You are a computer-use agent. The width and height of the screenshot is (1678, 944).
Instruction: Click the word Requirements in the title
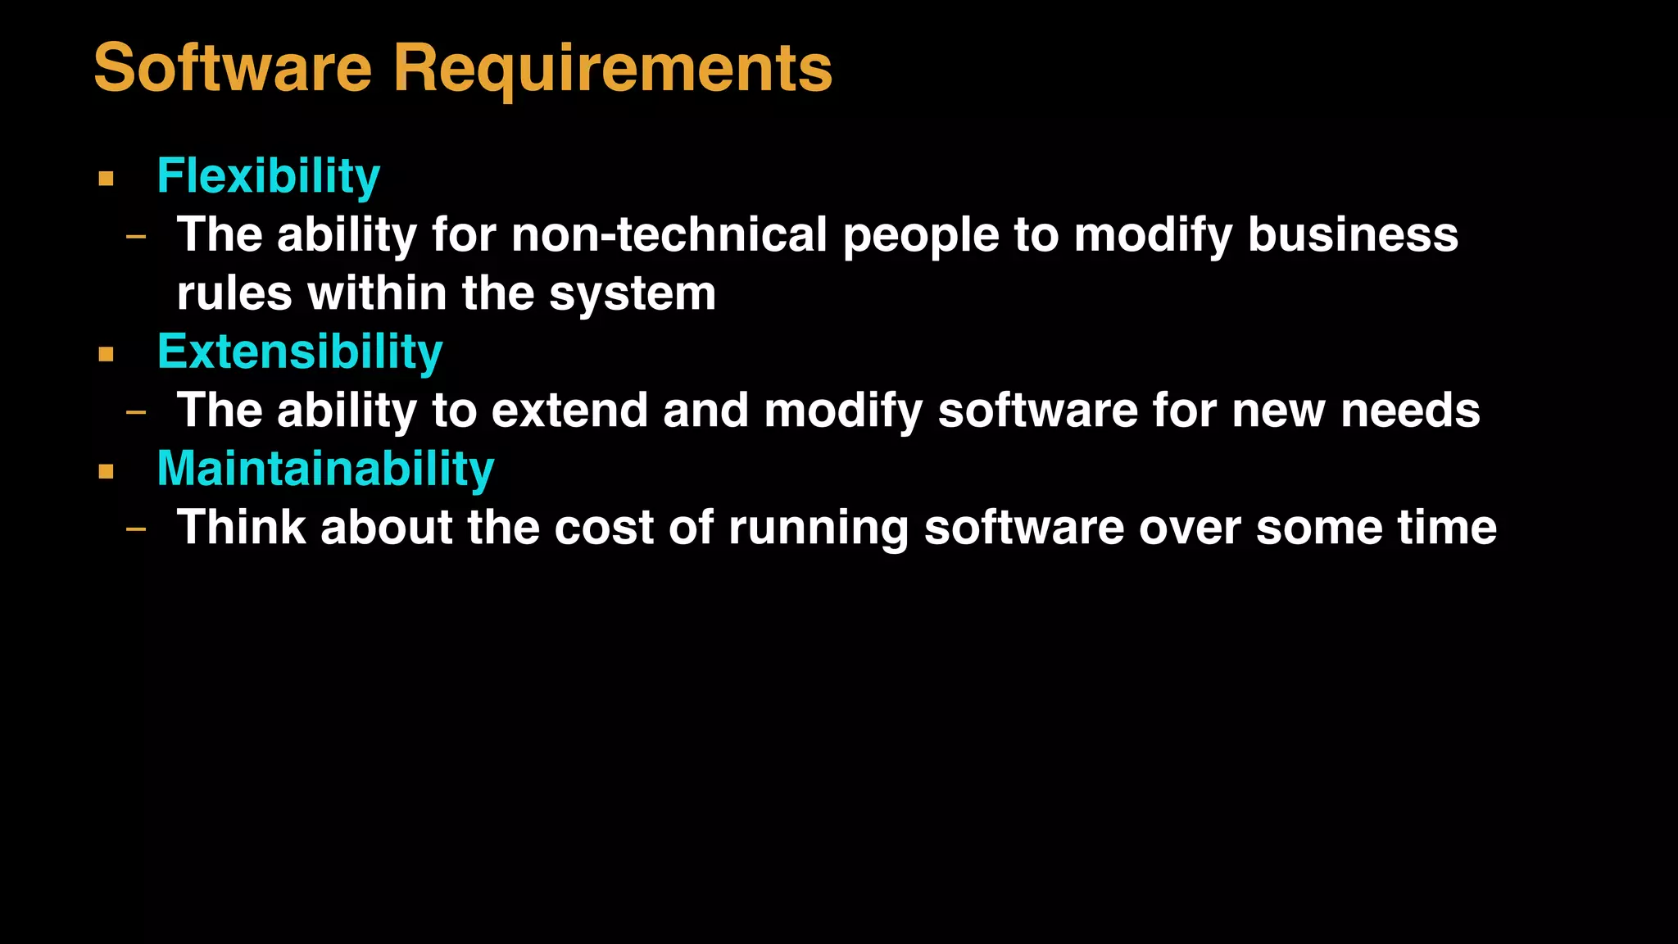pos(612,69)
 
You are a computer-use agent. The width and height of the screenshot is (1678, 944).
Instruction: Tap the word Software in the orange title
pos(233,69)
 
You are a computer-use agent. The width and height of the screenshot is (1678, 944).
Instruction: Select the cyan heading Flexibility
pos(268,176)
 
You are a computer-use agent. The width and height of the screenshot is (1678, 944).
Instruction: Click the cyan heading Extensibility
pos(300,352)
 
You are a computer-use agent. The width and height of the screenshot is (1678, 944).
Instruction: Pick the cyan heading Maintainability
pos(325,469)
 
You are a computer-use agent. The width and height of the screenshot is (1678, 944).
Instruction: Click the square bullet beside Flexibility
pos(106,178)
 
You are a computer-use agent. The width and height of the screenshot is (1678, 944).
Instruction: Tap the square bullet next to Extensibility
pos(106,354)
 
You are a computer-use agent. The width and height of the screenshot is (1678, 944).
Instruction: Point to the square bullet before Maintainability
pos(106,471)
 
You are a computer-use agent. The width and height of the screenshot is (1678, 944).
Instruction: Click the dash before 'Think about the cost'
pos(136,529)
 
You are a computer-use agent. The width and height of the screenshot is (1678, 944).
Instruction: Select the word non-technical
pos(669,235)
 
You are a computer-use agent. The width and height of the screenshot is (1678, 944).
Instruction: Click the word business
pos(1353,235)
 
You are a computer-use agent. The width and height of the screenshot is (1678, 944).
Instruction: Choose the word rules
pos(234,293)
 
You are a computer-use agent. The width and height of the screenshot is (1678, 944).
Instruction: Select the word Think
pos(242,527)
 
